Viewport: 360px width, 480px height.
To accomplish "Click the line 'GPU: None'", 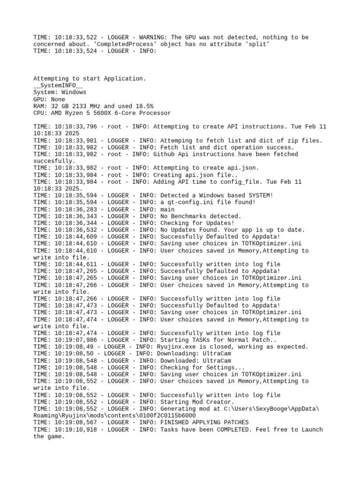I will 49,99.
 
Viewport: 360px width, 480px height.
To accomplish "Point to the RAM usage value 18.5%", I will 144,106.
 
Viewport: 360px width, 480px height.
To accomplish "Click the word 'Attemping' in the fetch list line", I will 176,141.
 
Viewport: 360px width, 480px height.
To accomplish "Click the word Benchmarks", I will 190,216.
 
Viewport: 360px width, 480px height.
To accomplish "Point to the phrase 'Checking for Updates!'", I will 197,223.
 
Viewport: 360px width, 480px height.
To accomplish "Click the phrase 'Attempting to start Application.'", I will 90,79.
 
